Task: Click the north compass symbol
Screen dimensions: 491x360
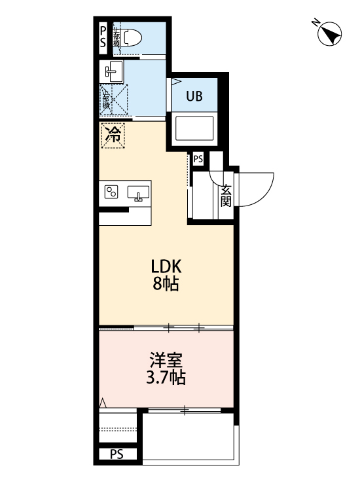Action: tap(331, 34)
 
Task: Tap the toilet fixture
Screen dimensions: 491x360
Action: tap(130, 37)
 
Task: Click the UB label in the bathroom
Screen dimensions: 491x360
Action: tap(194, 97)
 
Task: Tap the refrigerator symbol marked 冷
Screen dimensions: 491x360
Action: tap(113, 136)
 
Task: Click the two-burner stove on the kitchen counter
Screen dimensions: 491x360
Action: tap(112, 192)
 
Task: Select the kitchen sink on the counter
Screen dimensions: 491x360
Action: tap(138, 193)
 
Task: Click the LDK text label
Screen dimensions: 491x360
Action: tap(166, 266)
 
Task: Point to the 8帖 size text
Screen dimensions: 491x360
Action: tap(166, 285)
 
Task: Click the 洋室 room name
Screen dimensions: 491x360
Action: tap(166, 359)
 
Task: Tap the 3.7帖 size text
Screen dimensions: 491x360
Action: tap(166, 378)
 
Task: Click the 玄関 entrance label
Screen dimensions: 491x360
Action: tap(226, 195)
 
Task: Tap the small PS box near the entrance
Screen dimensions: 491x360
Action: tap(198, 158)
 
